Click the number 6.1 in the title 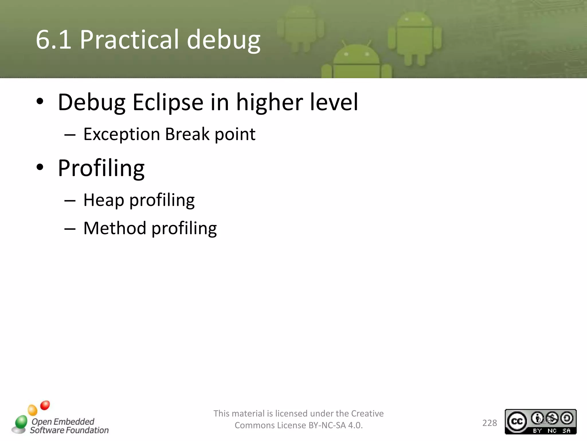pos(53,40)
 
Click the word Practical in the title pos(130,40)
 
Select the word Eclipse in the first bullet pos(168,102)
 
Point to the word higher pos(269,102)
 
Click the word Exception pos(122,134)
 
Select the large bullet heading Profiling pos(101,168)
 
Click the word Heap pos(103,200)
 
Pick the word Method pos(115,228)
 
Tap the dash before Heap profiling pos(70,201)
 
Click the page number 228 pos(490,423)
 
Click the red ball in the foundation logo pos(45,405)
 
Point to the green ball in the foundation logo pos(21,421)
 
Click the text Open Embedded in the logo pos(63,421)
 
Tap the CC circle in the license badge pos(517,421)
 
